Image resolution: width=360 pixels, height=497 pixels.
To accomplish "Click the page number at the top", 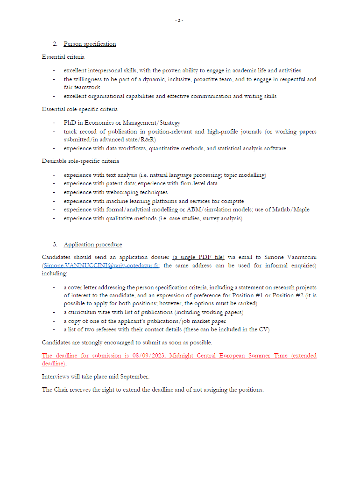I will [x=179, y=21].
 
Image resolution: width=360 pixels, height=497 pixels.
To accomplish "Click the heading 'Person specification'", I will [x=90, y=44].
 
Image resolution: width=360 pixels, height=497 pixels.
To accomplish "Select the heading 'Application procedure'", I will [x=93, y=245].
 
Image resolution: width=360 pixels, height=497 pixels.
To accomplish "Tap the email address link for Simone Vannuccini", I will [x=101, y=265].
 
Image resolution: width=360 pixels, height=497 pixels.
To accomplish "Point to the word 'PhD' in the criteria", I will [x=70, y=123].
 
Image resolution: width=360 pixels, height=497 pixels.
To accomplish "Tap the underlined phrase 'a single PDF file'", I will [x=198, y=257].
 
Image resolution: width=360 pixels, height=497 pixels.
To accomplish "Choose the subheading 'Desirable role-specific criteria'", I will [x=80, y=161].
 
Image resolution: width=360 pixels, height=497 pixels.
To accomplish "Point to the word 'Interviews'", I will [x=56, y=376].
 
